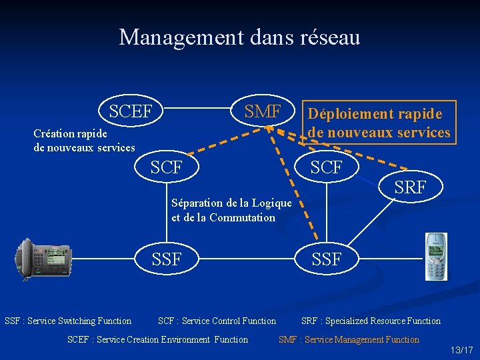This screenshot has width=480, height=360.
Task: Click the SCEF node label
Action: point(131,111)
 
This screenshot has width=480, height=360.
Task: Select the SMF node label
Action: point(263,111)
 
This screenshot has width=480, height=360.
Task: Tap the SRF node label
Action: point(410,188)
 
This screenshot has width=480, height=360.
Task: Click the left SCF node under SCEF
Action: point(166,167)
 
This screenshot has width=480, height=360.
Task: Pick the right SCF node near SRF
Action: point(326,167)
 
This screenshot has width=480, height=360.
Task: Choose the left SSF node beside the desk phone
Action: point(166,259)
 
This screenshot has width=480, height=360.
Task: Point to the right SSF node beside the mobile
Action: point(326,259)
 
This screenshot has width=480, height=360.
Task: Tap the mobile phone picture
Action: point(437,257)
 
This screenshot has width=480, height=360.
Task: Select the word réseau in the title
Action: point(330,37)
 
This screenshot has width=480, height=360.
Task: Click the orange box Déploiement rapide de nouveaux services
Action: point(379,123)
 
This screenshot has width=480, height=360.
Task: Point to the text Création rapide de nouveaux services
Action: point(84,140)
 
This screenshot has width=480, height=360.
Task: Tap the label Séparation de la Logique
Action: point(231,203)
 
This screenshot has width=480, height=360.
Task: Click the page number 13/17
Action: point(461,350)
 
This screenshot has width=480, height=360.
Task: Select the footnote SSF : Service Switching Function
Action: point(68,321)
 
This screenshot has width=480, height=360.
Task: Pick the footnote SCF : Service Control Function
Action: point(217,321)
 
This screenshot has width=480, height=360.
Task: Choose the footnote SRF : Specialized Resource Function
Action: point(371,321)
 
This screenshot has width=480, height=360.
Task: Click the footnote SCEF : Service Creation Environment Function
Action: point(157,340)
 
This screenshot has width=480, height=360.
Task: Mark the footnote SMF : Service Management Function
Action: point(349,340)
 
